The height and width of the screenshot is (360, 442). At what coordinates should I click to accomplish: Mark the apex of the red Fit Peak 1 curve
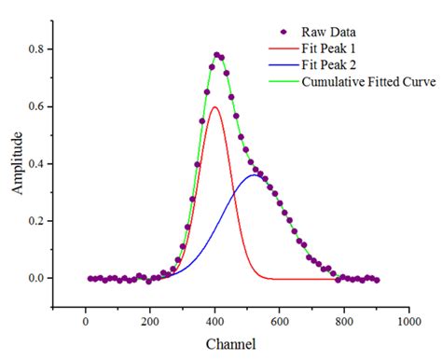point(214,106)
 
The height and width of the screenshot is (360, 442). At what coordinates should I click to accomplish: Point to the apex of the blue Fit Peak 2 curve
point(254,174)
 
